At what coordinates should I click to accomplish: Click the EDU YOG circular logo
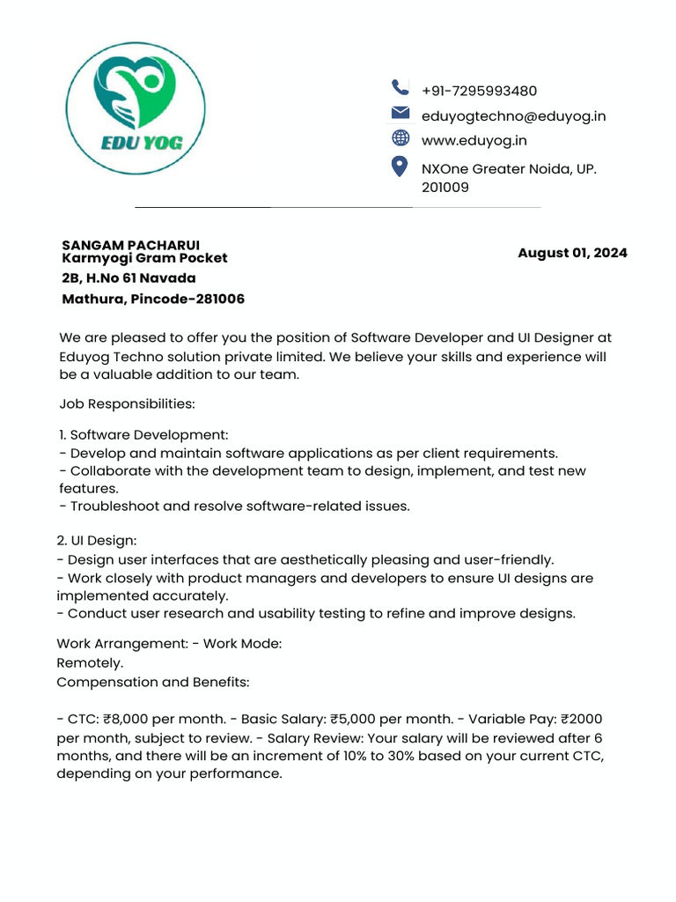pyautogui.click(x=136, y=108)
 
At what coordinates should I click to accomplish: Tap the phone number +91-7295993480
pyautogui.click(x=479, y=92)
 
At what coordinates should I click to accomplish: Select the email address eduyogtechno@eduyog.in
pyautogui.click(x=513, y=116)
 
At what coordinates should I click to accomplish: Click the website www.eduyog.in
pyautogui.click(x=474, y=140)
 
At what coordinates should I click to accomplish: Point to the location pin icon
pyautogui.click(x=400, y=167)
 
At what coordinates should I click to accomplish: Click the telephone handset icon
pyautogui.click(x=400, y=87)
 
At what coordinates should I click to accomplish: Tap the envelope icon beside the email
pyautogui.click(x=400, y=113)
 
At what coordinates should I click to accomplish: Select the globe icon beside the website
pyautogui.click(x=400, y=137)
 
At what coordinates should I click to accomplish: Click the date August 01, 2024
pyautogui.click(x=572, y=253)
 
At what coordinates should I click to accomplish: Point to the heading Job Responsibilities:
pyautogui.click(x=127, y=403)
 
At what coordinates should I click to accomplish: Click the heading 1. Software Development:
pyautogui.click(x=143, y=435)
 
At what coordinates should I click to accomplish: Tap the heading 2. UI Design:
pyautogui.click(x=97, y=539)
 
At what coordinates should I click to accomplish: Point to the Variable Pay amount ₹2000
pyautogui.click(x=580, y=720)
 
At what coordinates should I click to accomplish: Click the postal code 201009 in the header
pyautogui.click(x=445, y=188)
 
